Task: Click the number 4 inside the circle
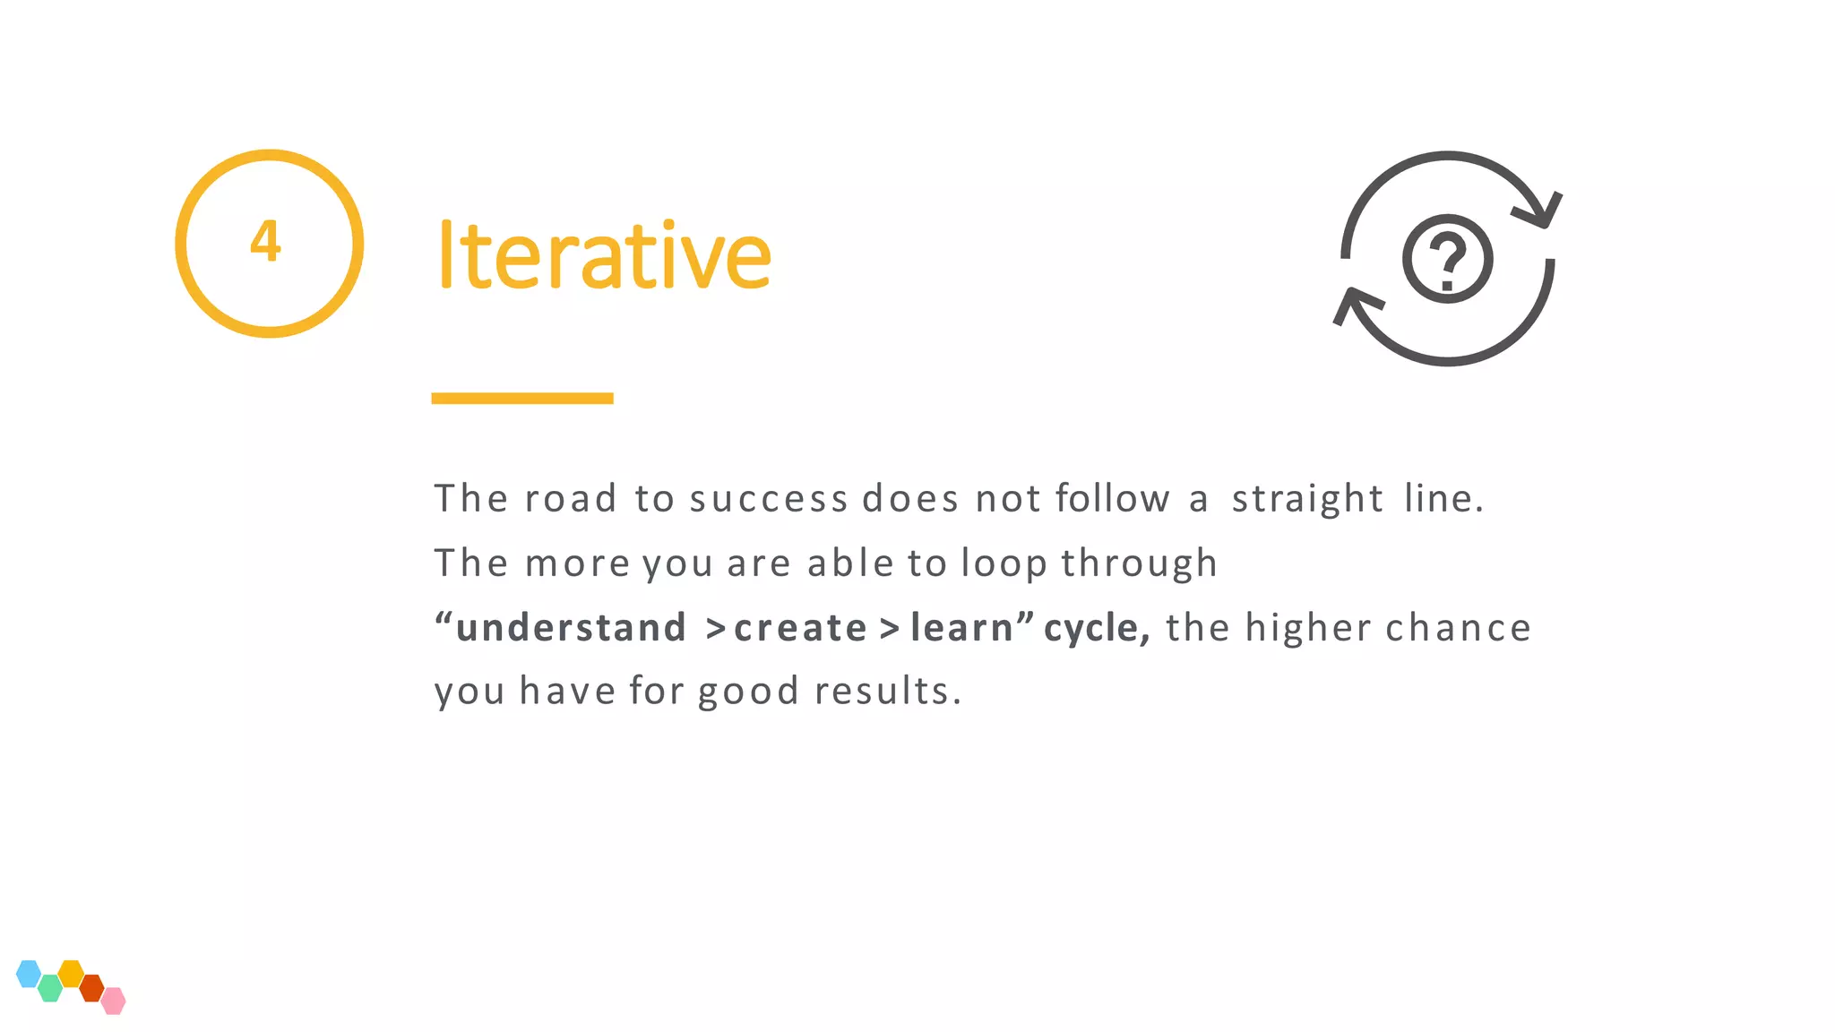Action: [265, 241]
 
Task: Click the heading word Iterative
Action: [603, 256]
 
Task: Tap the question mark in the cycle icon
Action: [1447, 260]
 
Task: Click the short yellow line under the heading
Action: [521, 398]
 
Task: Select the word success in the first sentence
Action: [768, 499]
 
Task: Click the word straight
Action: [1307, 499]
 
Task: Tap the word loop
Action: [1004, 563]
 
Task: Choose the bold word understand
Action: [571, 628]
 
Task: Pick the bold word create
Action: [800, 628]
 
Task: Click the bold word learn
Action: [961, 628]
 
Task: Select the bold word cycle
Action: [1094, 628]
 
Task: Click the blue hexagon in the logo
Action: [29, 974]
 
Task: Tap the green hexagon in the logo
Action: [50, 988]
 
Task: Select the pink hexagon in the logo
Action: [113, 1001]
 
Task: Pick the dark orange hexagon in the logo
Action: [91, 988]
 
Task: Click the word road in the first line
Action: [571, 499]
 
